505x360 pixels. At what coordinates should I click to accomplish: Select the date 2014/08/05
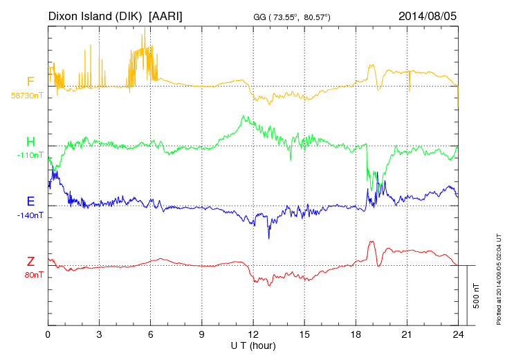(428, 15)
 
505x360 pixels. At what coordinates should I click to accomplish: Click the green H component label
(30, 142)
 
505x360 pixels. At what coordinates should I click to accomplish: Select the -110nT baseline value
(30, 155)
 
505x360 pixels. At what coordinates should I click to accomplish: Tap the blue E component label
(30, 201)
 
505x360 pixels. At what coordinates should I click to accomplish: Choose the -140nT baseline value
(30, 215)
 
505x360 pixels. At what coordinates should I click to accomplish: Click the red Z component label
(30, 261)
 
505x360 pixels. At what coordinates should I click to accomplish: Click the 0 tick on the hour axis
(48, 334)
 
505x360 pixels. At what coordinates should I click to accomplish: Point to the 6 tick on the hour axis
(151, 334)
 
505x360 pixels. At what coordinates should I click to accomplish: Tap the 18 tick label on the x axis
(356, 334)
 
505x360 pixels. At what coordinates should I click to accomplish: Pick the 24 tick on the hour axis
(458, 334)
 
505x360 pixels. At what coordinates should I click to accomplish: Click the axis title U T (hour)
(254, 345)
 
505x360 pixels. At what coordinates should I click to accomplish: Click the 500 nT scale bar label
(477, 295)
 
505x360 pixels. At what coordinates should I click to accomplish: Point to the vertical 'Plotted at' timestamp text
(498, 278)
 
